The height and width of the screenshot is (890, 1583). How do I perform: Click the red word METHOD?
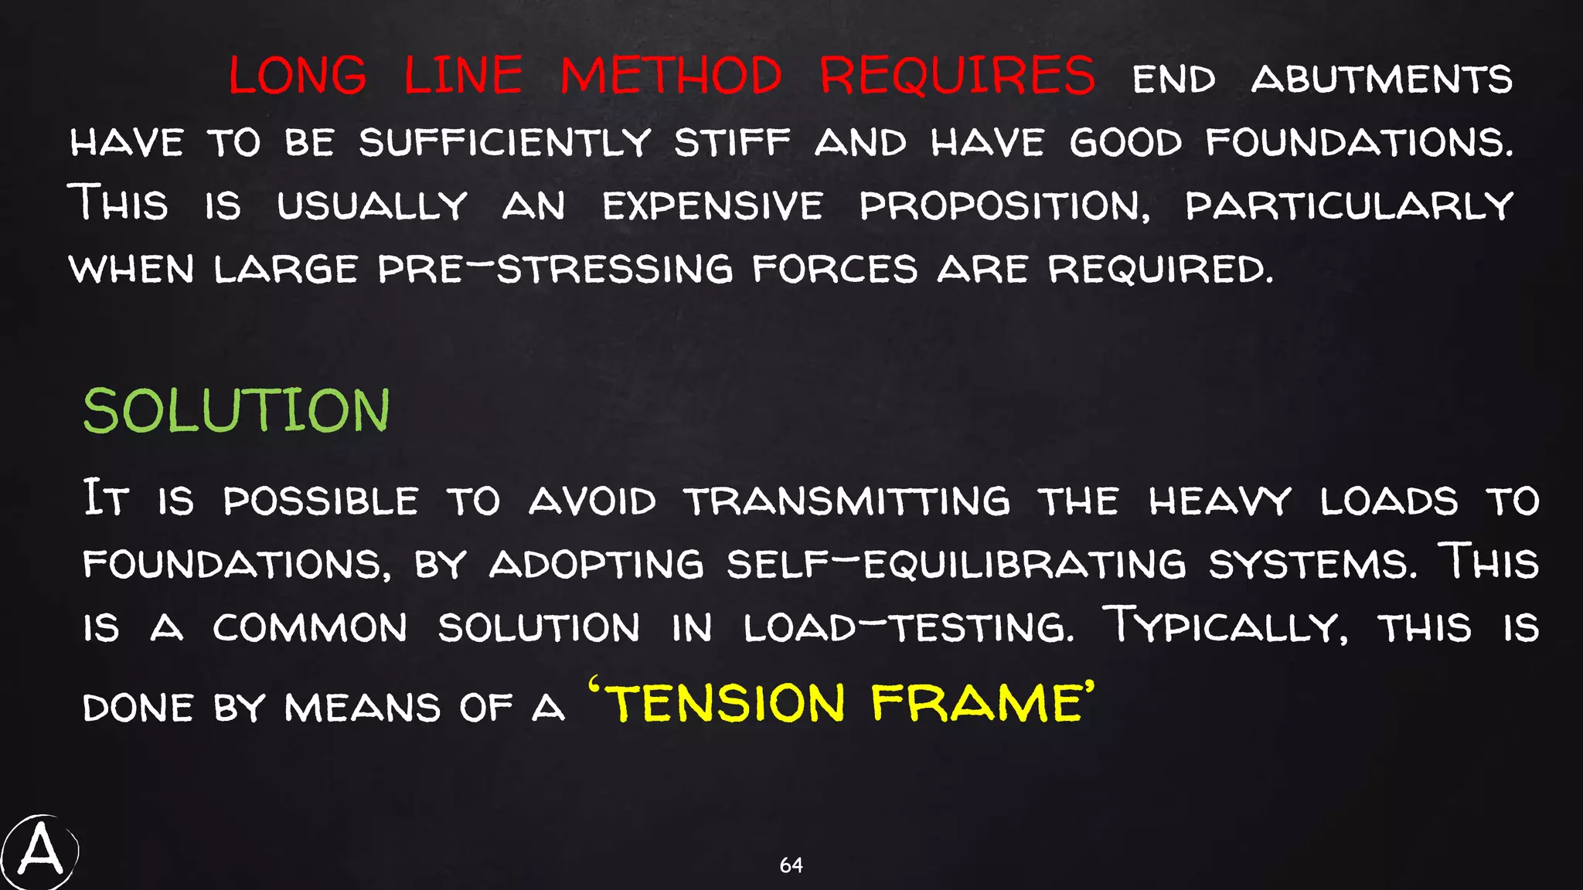(x=671, y=76)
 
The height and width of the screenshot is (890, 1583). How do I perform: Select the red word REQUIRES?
(x=957, y=76)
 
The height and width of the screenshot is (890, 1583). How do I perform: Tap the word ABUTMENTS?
(x=1381, y=80)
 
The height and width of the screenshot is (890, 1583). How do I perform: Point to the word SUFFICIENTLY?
(x=505, y=143)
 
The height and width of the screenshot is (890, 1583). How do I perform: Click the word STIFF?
(x=732, y=143)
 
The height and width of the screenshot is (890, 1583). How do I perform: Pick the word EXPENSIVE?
(x=713, y=206)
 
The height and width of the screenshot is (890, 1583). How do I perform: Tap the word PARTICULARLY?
(x=1349, y=206)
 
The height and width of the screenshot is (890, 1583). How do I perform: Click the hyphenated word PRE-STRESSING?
(x=555, y=270)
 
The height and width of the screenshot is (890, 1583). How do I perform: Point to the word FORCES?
(x=836, y=270)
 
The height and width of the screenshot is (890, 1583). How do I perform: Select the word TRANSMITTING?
(x=847, y=501)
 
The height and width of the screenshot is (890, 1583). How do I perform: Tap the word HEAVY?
(x=1220, y=501)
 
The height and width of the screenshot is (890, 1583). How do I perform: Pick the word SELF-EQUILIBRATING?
(x=956, y=564)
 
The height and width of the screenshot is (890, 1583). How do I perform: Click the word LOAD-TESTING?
(x=908, y=627)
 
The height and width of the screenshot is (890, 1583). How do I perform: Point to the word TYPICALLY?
(x=1224, y=626)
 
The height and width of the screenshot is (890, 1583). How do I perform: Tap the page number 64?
(x=791, y=865)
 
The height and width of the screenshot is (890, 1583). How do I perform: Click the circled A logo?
(x=39, y=852)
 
